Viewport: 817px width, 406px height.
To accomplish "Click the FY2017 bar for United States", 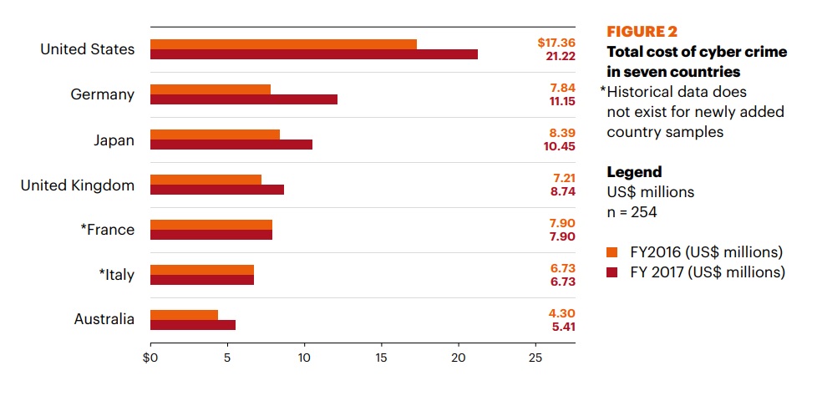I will (x=314, y=54).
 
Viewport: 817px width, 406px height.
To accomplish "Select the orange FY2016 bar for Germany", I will (x=211, y=89).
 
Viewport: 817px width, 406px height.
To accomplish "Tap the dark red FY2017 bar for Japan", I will (x=231, y=145).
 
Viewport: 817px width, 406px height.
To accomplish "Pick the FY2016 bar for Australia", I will (x=184, y=314).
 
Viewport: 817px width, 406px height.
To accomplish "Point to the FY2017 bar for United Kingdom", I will (x=217, y=190).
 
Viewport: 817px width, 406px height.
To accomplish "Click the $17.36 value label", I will (x=556, y=42).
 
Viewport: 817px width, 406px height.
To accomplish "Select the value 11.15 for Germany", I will (x=559, y=101).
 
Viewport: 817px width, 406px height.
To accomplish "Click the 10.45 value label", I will (x=559, y=146).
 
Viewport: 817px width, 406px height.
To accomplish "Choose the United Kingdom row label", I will (x=78, y=185).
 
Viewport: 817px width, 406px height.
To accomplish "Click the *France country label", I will (x=107, y=230).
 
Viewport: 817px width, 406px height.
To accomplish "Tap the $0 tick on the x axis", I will (x=150, y=358).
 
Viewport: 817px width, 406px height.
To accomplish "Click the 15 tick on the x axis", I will (x=382, y=358).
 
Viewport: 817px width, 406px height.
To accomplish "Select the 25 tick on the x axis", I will (x=535, y=358).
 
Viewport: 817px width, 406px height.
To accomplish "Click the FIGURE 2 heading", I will (x=642, y=33).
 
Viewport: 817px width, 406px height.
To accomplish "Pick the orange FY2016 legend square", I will (x=611, y=252).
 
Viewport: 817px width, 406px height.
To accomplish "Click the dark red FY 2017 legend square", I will (x=611, y=272).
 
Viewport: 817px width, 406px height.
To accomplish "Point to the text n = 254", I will (x=632, y=212).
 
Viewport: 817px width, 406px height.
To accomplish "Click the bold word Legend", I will (x=634, y=172).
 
